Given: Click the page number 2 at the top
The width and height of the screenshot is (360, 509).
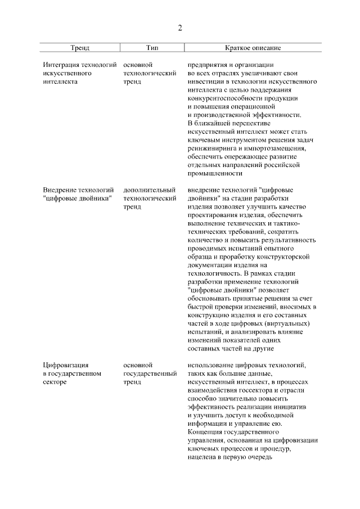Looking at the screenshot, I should (180, 28).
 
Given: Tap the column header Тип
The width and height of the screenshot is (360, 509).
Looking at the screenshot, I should (151, 48).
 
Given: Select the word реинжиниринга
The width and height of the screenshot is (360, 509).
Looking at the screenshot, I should (212, 148).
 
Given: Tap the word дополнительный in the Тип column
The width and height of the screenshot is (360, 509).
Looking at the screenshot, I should (149, 190).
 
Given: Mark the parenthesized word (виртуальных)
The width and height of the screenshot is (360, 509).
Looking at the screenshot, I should (291, 323).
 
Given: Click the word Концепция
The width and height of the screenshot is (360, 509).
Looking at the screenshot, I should (205, 432).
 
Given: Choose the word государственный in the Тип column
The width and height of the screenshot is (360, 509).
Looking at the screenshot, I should (150, 373).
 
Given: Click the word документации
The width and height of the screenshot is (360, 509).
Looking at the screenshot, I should (210, 264).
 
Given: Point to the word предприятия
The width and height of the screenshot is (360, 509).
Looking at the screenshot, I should (208, 65).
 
